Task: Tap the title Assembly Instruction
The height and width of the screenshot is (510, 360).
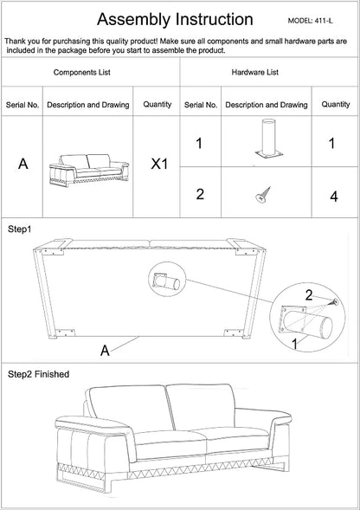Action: coord(175,20)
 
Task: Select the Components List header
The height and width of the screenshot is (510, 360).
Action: coord(82,72)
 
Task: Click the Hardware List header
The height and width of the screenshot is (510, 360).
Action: coord(255,72)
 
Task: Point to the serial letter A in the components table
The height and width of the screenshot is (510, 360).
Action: coord(23,165)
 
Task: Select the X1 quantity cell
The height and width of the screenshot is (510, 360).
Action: coord(159,165)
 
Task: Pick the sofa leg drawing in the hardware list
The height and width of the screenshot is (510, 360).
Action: coord(268,139)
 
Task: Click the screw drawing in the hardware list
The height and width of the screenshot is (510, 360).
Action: coord(263,195)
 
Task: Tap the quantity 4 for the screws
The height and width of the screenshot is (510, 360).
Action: coord(334,197)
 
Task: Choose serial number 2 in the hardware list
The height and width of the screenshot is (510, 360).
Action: coord(200,194)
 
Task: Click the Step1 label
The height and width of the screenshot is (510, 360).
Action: coord(19,229)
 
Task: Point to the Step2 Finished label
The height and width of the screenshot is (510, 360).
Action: coord(39,374)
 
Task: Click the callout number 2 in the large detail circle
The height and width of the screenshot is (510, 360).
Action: coord(309,295)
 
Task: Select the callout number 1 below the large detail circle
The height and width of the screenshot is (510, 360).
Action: coord(295,344)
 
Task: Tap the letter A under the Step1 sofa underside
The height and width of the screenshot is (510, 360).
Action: coord(105,351)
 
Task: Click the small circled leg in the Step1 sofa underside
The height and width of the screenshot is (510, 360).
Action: coord(166,281)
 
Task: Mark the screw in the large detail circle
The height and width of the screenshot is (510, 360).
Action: coord(334,302)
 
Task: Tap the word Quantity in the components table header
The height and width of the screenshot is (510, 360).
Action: coord(157,105)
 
